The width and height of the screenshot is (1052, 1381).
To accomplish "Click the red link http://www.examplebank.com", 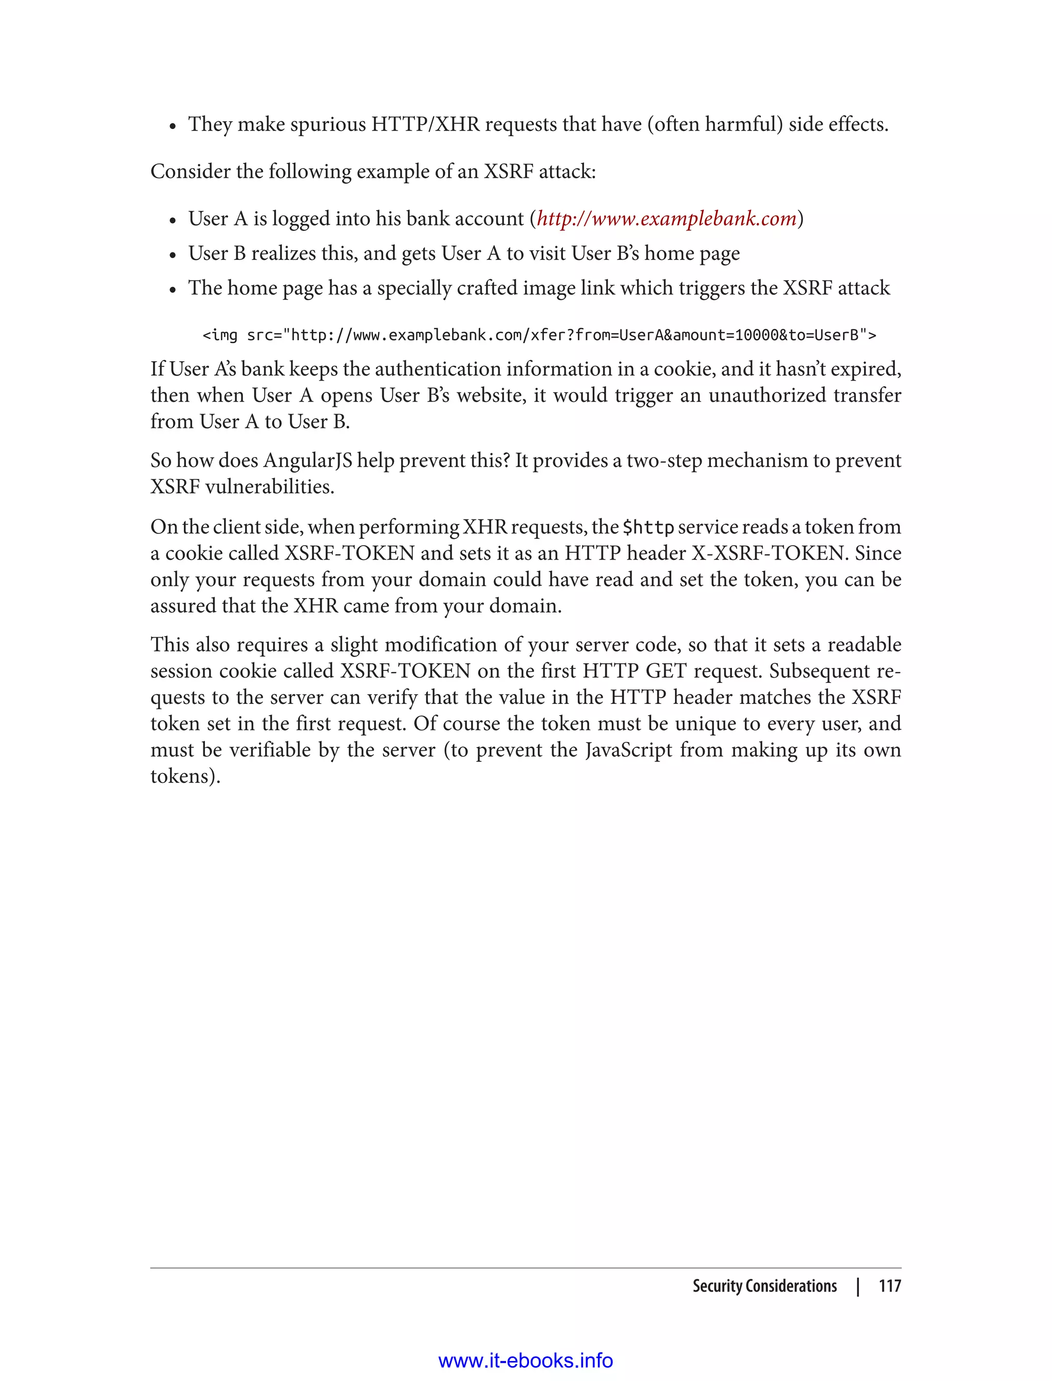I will pyautogui.click(x=666, y=218).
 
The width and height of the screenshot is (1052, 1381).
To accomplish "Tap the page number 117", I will pyautogui.click(x=889, y=1286).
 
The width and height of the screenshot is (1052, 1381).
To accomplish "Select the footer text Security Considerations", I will pyautogui.click(x=764, y=1286).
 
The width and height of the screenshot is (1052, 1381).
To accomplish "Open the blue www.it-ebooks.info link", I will pyautogui.click(x=525, y=1360).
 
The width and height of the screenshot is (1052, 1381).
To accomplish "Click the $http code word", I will pyautogui.click(x=648, y=527).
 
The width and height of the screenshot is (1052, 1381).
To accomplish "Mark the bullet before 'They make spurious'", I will pyautogui.click(x=173, y=126).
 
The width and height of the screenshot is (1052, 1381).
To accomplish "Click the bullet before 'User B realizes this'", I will pyautogui.click(x=173, y=255).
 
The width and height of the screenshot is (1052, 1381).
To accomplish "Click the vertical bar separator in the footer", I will pyautogui.click(x=858, y=1286).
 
